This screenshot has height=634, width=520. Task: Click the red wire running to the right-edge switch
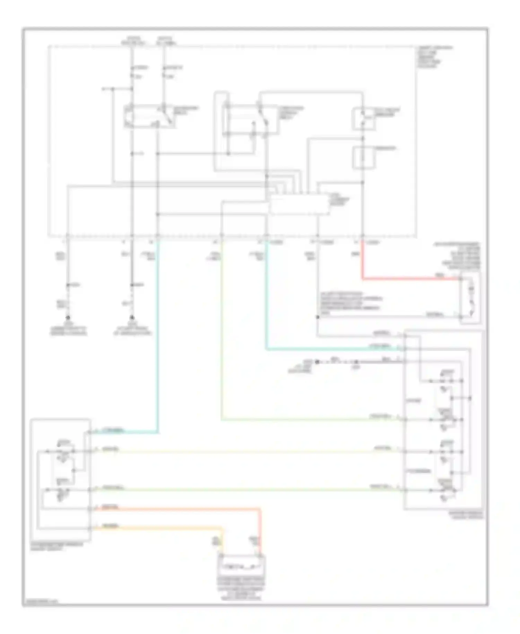point(409,278)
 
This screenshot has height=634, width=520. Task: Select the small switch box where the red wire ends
point(470,298)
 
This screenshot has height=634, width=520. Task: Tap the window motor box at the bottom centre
point(241,566)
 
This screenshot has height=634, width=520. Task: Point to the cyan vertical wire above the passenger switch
point(158,333)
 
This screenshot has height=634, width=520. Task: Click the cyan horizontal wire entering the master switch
point(333,349)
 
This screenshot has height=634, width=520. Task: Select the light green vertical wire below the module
point(222,329)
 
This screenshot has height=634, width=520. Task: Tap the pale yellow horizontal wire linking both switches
point(243,452)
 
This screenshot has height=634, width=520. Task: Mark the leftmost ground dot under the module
point(68,317)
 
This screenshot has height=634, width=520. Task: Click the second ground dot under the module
point(132,317)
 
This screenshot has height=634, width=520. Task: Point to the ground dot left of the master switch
point(317,362)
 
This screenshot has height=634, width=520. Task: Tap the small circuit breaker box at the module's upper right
point(363,119)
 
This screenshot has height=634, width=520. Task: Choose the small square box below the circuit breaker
point(363,158)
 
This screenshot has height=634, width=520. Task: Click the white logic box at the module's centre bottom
point(299,205)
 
